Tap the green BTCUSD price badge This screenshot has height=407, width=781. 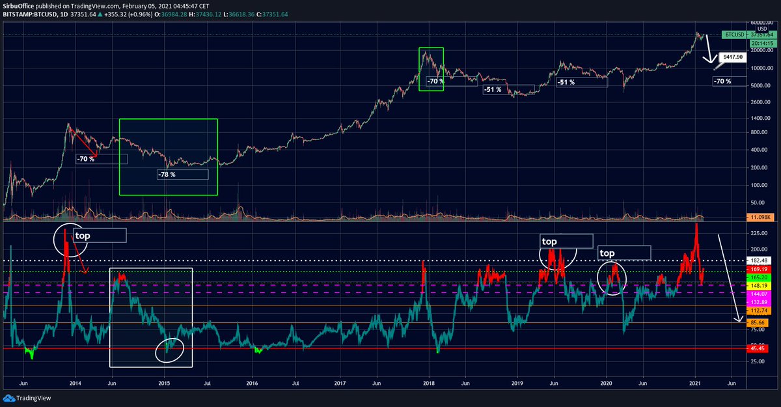tap(733, 35)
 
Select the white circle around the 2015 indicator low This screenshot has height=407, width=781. tap(170, 349)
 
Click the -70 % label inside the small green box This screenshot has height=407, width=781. tap(435, 81)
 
